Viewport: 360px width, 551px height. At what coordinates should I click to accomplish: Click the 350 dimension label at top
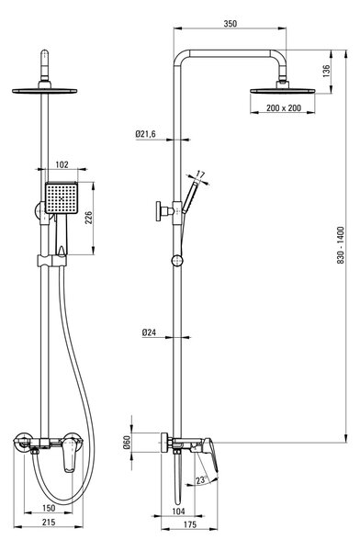click(231, 24)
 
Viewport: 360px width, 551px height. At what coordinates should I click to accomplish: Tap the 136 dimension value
click(327, 72)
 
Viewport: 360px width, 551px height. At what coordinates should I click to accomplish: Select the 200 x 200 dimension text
click(284, 107)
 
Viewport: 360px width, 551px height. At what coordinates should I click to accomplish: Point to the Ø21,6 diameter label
click(145, 134)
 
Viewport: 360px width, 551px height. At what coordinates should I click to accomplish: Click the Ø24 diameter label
click(149, 332)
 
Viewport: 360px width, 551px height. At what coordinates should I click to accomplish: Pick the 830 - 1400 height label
click(341, 245)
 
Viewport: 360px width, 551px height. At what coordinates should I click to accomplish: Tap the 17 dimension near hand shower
click(201, 174)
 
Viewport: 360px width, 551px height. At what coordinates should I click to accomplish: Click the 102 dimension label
click(62, 164)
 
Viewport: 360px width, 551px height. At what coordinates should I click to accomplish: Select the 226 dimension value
click(88, 218)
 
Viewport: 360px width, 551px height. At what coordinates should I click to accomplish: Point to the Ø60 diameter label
click(127, 443)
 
